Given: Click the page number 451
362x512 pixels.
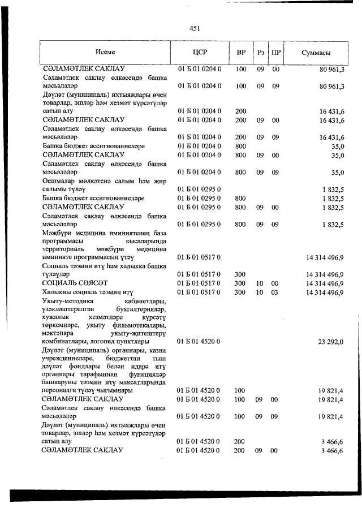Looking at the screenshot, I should pos(196,28).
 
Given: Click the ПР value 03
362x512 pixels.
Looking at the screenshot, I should pos(276,292).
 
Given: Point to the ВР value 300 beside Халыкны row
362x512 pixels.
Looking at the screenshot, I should pos(240,292).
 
